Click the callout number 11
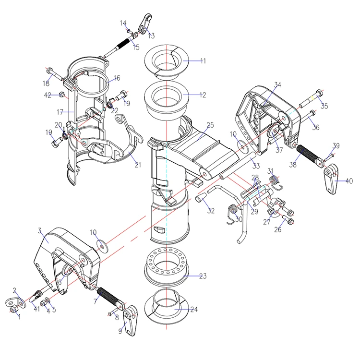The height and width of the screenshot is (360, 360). pyautogui.click(x=203, y=61)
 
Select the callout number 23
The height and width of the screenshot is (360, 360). pyautogui.click(x=203, y=276)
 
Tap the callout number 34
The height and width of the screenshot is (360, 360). pyautogui.click(x=277, y=84)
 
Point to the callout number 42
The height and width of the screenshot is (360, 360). pyautogui.click(x=48, y=95)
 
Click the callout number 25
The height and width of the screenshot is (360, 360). pyautogui.click(x=210, y=125)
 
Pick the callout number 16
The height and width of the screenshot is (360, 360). pyautogui.click(x=117, y=78)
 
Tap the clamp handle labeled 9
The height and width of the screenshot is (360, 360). pyautogui.click(x=131, y=321)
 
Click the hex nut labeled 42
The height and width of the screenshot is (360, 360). pyautogui.click(x=62, y=95)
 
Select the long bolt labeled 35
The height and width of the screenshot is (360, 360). pyautogui.click(x=311, y=99)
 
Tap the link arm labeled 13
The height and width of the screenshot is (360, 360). pyautogui.click(x=144, y=24)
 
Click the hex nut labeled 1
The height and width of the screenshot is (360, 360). pyautogui.click(x=13, y=310)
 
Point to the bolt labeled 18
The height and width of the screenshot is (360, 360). pyautogui.click(x=55, y=74)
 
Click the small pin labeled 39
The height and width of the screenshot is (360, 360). pyautogui.click(x=329, y=157)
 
